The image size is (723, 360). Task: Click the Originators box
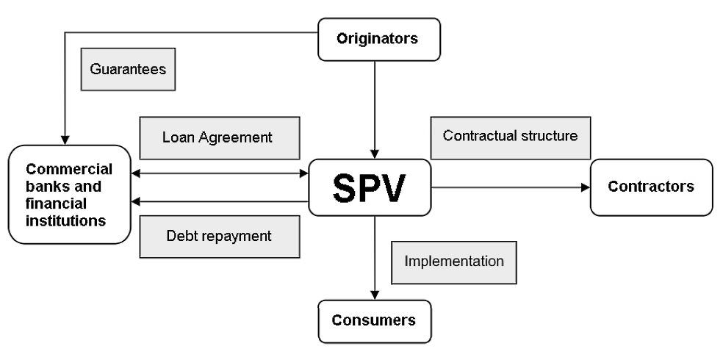coord(377,39)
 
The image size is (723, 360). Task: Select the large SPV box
coord(369,187)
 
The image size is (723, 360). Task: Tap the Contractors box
coord(650,187)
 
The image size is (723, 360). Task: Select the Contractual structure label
coord(511,137)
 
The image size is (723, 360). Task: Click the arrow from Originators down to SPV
coord(375,110)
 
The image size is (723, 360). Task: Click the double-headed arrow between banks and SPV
coord(220,174)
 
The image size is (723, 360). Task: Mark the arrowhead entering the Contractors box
coord(586,187)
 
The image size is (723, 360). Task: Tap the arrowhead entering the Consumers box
coord(375,295)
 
